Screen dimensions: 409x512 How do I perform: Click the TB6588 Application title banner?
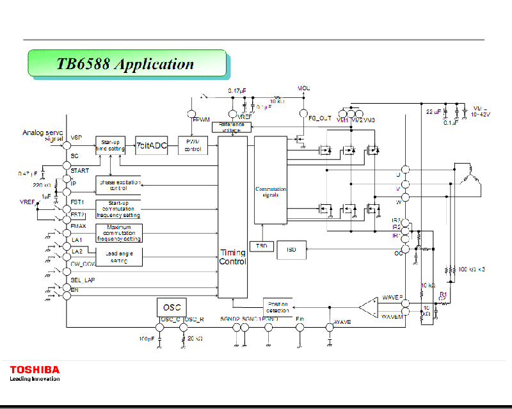pyautogui.click(x=126, y=64)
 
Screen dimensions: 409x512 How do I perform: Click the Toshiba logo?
pyautogui.click(x=35, y=369)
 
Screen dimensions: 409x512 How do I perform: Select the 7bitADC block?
pyautogui.click(x=151, y=145)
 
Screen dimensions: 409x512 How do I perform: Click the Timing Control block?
pyautogui.click(x=232, y=257)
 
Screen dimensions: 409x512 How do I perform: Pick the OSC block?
pyautogui.click(x=172, y=307)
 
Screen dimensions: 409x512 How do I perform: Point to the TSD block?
pyautogui.click(x=260, y=246)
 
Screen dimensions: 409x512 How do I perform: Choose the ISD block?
pyautogui.click(x=291, y=249)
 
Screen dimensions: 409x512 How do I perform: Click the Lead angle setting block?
pyautogui.click(x=119, y=257)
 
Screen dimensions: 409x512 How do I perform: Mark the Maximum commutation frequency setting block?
pyautogui.click(x=119, y=233)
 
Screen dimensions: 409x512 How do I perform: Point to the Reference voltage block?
pyautogui.click(x=231, y=127)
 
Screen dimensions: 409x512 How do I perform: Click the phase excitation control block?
pyautogui.click(x=119, y=186)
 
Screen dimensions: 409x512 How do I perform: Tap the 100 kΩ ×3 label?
pyautogui.click(x=472, y=269)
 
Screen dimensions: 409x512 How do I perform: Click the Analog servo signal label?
pyautogui.click(x=43, y=136)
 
